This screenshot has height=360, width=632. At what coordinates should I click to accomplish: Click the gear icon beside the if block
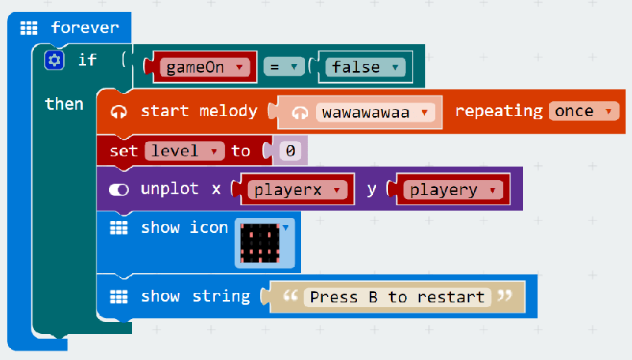tap(54, 60)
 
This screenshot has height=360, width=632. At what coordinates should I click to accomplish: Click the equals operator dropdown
tap(283, 67)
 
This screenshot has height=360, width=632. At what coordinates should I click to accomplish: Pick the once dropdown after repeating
tap(584, 111)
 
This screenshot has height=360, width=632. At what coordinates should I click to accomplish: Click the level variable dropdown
tap(186, 150)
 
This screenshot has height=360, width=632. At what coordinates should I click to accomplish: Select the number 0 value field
tap(291, 150)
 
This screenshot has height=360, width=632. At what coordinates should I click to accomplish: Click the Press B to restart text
tap(397, 297)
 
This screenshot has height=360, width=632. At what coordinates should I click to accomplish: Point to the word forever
tap(85, 28)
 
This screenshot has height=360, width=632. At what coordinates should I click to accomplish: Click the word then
tap(64, 103)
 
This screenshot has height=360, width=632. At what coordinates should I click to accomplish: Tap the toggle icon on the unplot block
tap(119, 189)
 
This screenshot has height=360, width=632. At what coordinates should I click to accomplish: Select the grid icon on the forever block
tap(29, 28)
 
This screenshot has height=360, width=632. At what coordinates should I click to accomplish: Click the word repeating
tap(498, 111)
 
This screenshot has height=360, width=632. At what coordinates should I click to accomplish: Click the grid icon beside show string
tap(118, 297)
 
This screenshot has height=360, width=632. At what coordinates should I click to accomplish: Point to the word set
tap(123, 150)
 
